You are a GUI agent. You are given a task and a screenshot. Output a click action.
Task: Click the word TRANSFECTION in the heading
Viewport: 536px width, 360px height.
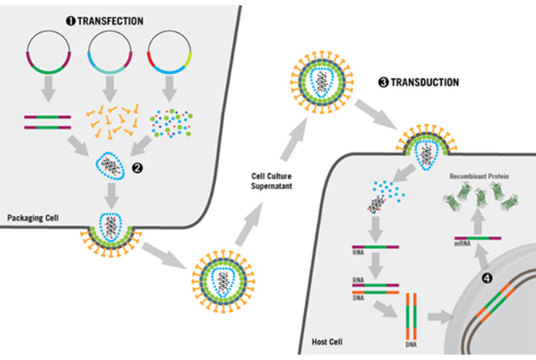click(x=110, y=21)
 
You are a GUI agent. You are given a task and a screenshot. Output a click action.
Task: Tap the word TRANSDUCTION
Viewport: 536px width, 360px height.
click(x=424, y=83)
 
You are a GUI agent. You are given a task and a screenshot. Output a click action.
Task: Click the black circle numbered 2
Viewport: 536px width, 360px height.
click(x=137, y=168)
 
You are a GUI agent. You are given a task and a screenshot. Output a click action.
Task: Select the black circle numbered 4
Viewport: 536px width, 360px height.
click(x=487, y=278)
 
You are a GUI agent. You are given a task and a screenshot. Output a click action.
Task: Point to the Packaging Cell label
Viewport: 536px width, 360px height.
click(x=33, y=218)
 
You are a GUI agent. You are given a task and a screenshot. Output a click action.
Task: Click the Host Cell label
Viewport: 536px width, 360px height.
click(x=327, y=342)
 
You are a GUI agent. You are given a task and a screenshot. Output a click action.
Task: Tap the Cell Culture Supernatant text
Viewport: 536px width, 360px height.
click(x=271, y=182)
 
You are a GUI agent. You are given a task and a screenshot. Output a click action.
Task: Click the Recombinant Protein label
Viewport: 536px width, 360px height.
click(x=479, y=176)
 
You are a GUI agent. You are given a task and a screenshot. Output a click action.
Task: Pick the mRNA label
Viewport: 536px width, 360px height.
click(x=462, y=244)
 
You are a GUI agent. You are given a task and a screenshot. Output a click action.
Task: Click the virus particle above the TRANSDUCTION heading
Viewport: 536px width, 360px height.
click(x=322, y=82)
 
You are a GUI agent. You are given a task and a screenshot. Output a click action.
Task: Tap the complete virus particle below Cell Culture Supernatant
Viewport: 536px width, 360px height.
click(x=224, y=281)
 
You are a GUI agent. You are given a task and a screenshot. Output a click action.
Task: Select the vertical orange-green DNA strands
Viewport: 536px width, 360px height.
click(x=411, y=316)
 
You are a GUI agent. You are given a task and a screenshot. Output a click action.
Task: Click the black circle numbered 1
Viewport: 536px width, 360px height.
click(x=70, y=21)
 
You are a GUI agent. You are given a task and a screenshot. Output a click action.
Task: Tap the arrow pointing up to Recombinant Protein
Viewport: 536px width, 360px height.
click(x=479, y=221)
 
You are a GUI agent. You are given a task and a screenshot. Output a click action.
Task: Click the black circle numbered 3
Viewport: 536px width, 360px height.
click(x=384, y=83)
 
